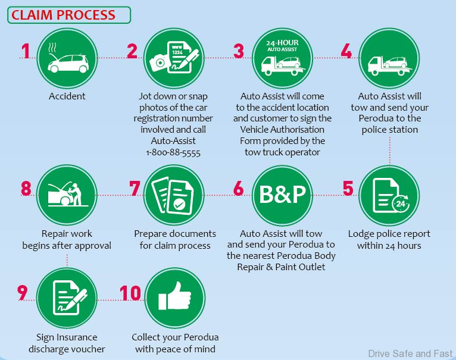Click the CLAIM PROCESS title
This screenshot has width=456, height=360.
64,14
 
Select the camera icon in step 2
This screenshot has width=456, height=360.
159,62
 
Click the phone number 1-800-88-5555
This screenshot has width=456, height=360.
173,152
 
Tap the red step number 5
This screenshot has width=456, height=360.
348,188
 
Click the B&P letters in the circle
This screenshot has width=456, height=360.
283,195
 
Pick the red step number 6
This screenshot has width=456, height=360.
239,188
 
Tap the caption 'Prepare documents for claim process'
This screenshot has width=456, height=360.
175,239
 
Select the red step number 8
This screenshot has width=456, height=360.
26,188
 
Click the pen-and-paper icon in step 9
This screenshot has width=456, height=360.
67,298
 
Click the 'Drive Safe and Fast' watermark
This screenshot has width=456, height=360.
410,353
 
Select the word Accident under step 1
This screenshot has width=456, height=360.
67,96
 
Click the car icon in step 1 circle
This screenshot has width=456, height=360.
67,62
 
